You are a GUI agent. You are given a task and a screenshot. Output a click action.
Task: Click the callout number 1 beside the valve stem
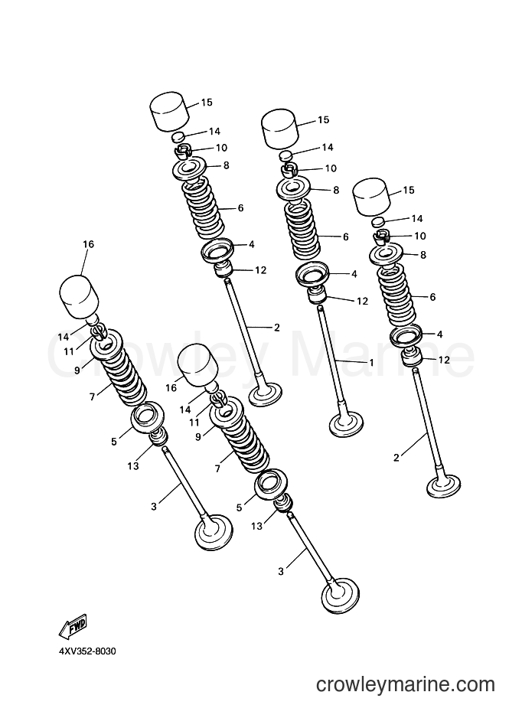click(x=371, y=363)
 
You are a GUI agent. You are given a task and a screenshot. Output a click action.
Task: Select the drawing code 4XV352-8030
click(x=87, y=651)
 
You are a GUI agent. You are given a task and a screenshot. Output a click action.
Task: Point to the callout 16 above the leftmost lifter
click(x=88, y=244)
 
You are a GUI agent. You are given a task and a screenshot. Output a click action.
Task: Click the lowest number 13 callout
click(x=257, y=526)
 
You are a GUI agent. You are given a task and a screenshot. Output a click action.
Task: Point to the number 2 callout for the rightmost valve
click(x=396, y=457)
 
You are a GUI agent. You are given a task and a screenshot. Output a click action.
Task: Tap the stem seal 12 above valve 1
click(x=316, y=295)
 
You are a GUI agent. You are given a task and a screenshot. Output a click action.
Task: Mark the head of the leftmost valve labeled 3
click(x=214, y=532)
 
